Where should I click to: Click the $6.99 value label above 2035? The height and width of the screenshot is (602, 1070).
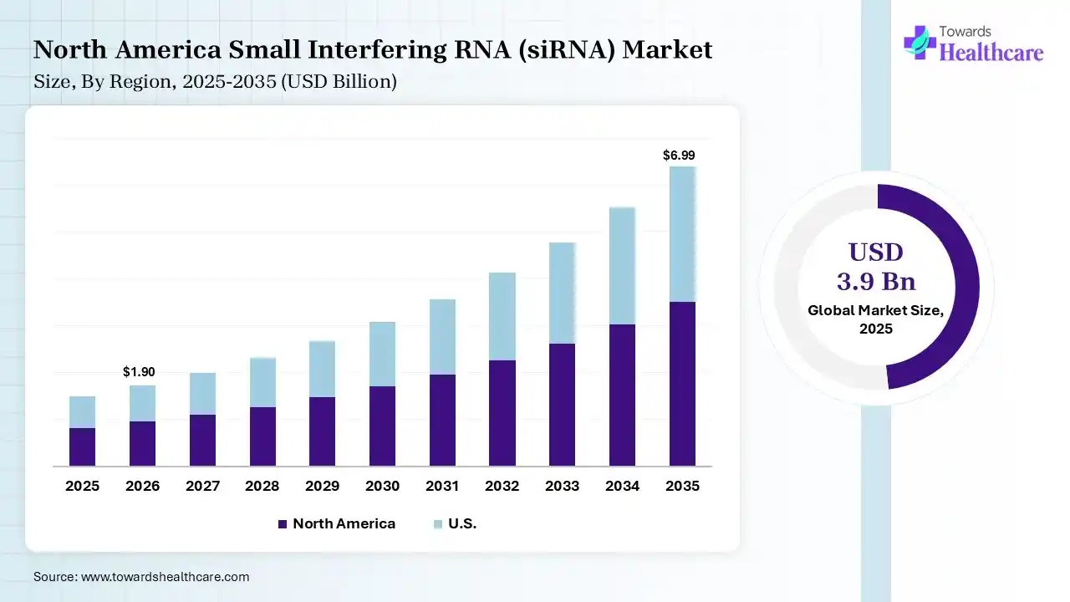tap(678, 156)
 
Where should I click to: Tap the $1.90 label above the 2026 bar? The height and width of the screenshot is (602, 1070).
tap(139, 372)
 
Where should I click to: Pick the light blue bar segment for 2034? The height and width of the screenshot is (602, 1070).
tap(622, 265)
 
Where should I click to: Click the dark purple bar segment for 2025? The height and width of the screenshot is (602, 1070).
tap(82, 446)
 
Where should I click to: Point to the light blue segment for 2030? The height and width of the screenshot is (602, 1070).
tap(382, 354)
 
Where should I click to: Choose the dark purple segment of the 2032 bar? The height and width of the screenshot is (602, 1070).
tap(502, 412)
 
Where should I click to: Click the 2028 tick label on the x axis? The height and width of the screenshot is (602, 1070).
tap(262, 486)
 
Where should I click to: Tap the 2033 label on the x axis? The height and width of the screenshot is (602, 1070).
tap(562, 486)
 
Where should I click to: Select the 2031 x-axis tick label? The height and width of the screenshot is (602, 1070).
tap(442, 486)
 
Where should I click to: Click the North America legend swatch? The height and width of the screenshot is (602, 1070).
tap(283, 524)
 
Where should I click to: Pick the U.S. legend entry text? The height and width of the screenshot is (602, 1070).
tap(462, 524)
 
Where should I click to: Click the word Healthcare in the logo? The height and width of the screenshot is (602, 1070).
tap(991, 53)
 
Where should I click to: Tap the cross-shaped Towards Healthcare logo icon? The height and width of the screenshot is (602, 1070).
tap(920, 42)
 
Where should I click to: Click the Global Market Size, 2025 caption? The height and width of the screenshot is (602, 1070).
tap(876, 319)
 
